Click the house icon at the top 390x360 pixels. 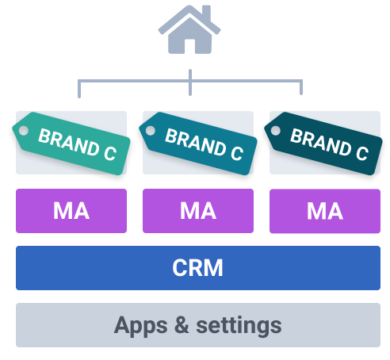click(189, 29)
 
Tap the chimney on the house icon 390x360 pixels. click(206, 12)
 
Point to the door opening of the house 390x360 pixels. click(189, 47)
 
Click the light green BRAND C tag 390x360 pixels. click(71, 144)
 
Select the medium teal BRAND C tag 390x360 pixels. click(198, 144)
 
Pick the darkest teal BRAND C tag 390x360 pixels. click(323, 144)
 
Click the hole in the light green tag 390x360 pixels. click(24, 131)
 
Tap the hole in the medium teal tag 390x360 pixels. click(151, 131)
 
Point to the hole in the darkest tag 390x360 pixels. click(276, 131)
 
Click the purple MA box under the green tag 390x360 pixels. click(71, 211)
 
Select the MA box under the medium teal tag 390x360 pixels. click(198, 211)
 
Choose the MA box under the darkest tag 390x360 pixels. click(325, 211)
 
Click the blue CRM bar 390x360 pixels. click(198, 268)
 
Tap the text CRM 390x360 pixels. click(197, 268)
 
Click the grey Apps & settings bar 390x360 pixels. click(198, 325)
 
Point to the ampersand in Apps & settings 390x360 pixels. click(182, 324)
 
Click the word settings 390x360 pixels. click(239, 326)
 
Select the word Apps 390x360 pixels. click(140, 327)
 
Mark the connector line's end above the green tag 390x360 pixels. click(79, 97)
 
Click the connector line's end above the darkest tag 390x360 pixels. click(301, 94)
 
